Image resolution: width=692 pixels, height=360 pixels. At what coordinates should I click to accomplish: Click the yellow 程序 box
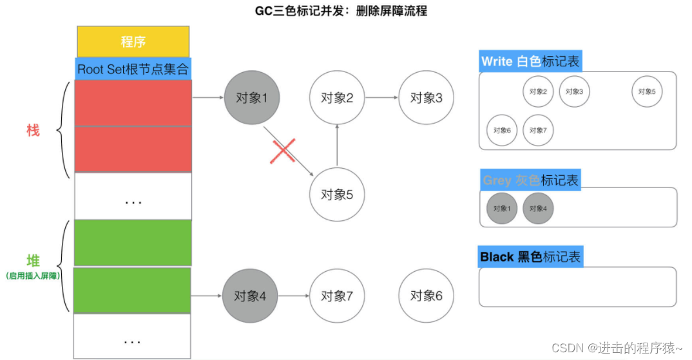[133, 42]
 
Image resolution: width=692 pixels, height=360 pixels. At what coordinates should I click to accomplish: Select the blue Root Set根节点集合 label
[133, 68]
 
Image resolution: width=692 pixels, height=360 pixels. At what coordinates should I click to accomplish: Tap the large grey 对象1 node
[252, 98]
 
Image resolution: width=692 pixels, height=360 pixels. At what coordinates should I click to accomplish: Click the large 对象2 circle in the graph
[337, 98]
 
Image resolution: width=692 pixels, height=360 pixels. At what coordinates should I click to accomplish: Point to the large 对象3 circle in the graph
[426, 98]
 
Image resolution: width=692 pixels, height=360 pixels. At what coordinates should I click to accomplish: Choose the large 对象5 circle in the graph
[337, 194]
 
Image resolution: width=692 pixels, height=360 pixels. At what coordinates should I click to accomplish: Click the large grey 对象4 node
[252, 296]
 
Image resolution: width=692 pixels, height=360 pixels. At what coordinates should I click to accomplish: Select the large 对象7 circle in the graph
[337, 296]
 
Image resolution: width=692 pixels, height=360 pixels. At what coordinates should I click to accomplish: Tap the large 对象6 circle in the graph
[426, 296]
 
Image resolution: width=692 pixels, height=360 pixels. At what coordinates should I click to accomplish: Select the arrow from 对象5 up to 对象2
[337, 146]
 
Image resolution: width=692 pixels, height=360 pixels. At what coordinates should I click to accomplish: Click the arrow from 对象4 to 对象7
[294, 296]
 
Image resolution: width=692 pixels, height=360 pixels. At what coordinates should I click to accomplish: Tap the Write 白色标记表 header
[530, 62]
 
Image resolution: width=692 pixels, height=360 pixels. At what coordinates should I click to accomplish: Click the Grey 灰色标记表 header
[530, 180]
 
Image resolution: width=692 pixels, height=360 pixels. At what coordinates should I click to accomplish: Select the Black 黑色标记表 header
[530, 258]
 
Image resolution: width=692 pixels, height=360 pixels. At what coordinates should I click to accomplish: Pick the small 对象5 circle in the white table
[647, 91]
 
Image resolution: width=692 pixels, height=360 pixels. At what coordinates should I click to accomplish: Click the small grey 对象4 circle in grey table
[538, 209]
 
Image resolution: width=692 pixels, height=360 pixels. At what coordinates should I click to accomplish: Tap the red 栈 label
[33, 131]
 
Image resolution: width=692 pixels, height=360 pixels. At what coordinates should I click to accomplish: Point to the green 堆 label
[33, 261]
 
